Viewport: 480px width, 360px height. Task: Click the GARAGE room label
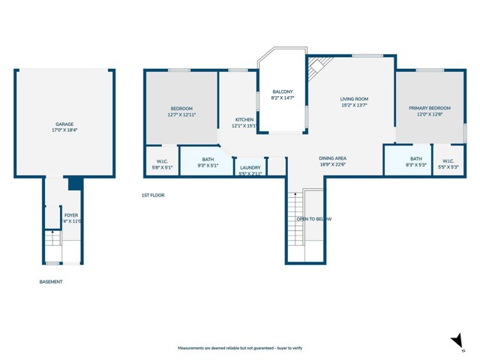tap(64, 124)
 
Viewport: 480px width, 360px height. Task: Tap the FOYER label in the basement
tap(71, 215)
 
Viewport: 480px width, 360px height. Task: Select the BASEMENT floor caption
tap(51, 282)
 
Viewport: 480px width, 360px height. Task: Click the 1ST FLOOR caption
tap(152, 195)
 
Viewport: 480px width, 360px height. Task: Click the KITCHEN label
tap(244, 119)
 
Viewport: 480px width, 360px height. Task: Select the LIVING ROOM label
tap(354, 99)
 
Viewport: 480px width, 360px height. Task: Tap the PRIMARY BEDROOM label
tap(430, 108)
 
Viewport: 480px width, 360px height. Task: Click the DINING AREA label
tap(332, 158)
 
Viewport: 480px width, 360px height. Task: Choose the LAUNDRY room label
tap(250, 167)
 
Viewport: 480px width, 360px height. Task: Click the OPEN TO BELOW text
tap(313, 219)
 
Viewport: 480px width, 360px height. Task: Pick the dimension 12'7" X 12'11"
tap(182, 115)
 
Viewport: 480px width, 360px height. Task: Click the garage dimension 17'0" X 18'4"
tap(64, 130)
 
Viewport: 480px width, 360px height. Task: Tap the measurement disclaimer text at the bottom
tap(239, 348)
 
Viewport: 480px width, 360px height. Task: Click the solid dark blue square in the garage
tap(74, 184)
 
